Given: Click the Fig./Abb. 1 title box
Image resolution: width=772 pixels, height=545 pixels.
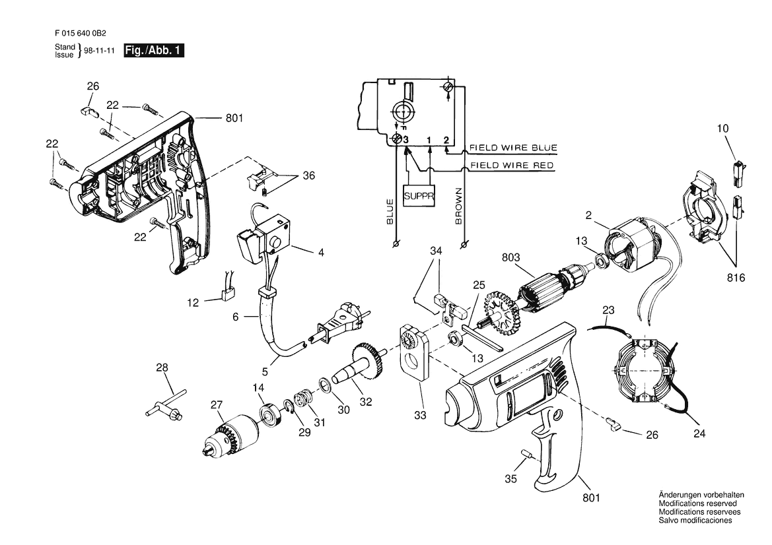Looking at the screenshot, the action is pyautogui.click(x=154, y=50).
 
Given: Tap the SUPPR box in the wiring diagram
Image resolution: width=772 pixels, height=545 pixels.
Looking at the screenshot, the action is pyautogui.click(x=419, y=196).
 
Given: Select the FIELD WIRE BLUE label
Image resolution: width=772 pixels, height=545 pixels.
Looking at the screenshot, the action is pyautogui.click(x=513, y=148).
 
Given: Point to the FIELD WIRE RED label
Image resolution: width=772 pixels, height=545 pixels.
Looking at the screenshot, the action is pyautogui.click(x=512, y=165).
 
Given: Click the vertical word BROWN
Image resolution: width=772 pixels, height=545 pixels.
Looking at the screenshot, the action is pyautogui.click(x=459, y=206).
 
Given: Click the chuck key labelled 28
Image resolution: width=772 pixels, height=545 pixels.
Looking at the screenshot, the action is pyautogui.click(x=166, y=402).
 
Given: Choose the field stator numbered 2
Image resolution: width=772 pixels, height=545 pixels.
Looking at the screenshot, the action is pyautogui.click(x=635, y=245).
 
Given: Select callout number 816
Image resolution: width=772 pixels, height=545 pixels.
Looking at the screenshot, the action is pyautogui.click(x=736, y=278).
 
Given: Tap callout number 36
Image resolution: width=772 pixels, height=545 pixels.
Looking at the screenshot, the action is pyautogui.click(x=308, y=176).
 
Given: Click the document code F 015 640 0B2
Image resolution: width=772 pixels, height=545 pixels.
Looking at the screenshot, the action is pyautogui.click(x=81, y=34).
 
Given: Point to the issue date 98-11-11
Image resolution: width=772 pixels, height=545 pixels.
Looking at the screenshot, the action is pyautogui.click(x=99, y=51).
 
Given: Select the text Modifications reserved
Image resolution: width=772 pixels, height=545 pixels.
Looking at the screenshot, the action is pyautogui.click(x=697, y=503).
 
